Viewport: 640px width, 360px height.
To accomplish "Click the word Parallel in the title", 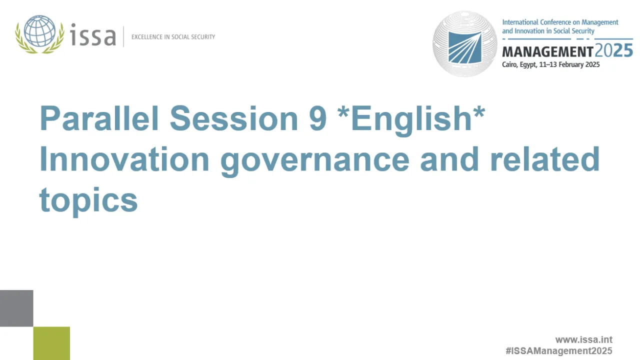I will click(99, 118).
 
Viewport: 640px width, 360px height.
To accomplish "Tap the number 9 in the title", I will click(318, 118).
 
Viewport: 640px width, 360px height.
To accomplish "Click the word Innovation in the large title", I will click(124, 159).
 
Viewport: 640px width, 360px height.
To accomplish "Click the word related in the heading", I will click(545, 159).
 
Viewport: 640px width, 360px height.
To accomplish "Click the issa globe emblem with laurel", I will click(39, 34).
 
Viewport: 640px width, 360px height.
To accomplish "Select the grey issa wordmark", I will click(93, 35).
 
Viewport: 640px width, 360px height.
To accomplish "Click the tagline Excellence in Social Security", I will click(173, 37).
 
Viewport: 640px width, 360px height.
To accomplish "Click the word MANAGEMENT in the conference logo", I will click(547, 51).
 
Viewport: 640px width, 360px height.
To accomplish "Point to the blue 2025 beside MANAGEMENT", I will click(613, 50).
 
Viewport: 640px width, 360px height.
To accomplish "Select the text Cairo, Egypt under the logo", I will click(518, 64).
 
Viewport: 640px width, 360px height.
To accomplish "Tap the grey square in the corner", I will click(16, 308).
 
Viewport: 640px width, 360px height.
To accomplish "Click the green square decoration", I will click(51, 343).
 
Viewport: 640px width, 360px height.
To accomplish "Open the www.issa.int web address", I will click(583, 340).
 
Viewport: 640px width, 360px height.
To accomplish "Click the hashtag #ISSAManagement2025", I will click(558, 351).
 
